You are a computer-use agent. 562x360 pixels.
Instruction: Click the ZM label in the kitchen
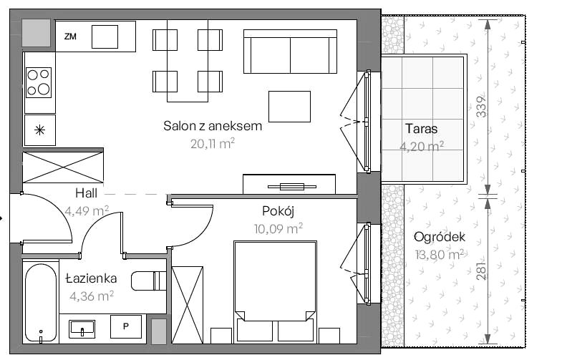[70, 37]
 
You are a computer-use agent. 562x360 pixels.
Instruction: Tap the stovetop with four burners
[39, 82]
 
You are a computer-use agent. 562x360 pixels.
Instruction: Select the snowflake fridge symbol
[40, 130]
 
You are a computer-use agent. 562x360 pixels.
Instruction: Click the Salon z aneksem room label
[213, 126]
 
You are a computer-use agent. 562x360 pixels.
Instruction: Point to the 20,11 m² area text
[213, 143]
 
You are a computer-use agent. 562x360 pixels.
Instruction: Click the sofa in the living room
[290, 52]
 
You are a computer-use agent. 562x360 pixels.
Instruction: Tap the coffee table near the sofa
[290, 107]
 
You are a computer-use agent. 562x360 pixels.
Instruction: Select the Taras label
[421, 129]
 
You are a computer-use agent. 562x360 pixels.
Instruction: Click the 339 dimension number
[482, 107]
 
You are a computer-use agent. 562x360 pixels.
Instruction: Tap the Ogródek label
[440, 237]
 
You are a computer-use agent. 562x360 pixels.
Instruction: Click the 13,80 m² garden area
[440, 254]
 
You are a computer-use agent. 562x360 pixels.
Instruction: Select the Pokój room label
[278, 211]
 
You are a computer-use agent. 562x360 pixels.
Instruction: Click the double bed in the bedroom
[275, 291]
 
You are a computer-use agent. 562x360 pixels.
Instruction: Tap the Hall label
[86, 193]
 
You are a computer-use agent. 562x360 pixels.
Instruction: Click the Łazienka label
[92, 278]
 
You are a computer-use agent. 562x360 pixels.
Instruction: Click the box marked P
[126, 326]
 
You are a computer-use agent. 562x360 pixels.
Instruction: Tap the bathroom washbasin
[82, 329]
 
